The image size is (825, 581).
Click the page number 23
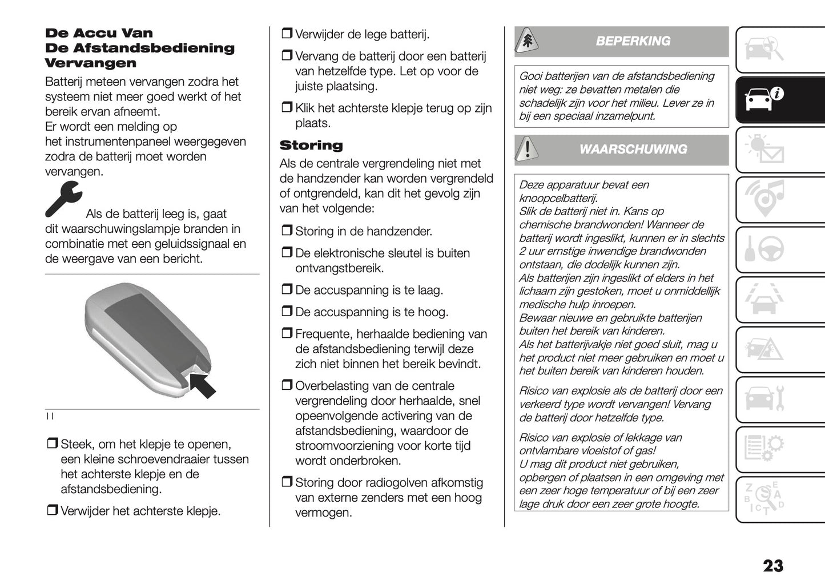pos(773,566)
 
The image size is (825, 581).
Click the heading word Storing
pos(311,146)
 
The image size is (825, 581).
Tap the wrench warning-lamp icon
pos(63,199)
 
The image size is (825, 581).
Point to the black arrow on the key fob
pos(202,384)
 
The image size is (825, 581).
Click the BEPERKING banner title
pos(633,41)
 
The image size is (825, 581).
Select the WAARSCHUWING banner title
pos(633,149)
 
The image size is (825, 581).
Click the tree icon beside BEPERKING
pos(527,41)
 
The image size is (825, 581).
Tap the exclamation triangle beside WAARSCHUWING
pos(527,150)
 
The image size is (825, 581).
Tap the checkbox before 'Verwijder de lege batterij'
pos(287,34)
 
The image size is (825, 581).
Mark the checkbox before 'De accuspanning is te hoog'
pos(287,312)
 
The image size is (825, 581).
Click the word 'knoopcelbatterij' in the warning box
pos(558,198)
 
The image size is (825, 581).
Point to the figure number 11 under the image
pos(50,416)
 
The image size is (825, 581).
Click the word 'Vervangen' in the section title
pos(91,63)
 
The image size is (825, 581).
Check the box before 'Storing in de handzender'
pos(287,231)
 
